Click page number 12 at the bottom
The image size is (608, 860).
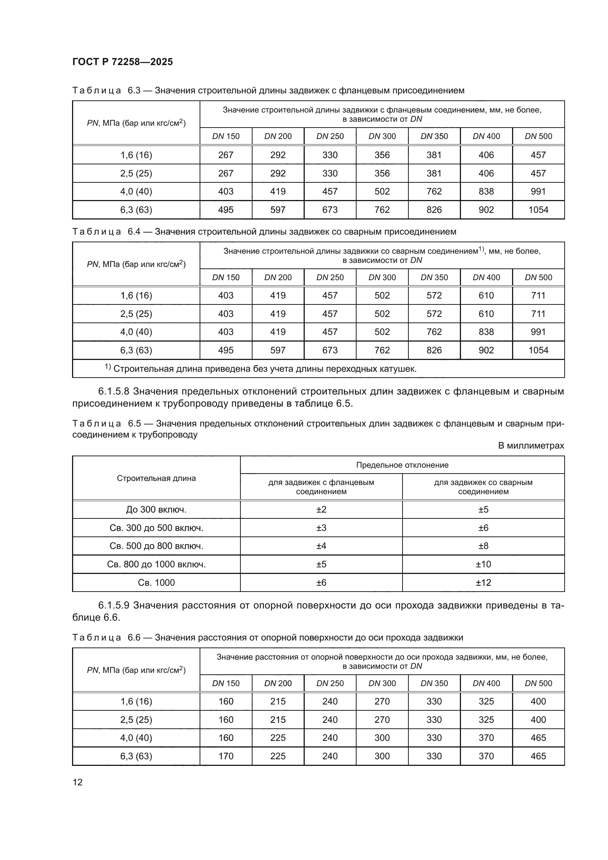(x=78, y=782)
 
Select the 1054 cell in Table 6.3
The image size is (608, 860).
(x=538, y=210)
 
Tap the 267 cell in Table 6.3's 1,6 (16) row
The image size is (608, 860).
(x=226, y=155)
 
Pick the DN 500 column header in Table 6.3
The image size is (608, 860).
(x=538, y=136)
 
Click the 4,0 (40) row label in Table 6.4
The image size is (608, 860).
(x=136, y=332)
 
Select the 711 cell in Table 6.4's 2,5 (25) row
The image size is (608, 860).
(x=538, y=314)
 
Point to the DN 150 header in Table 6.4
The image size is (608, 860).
(x=226, y=278)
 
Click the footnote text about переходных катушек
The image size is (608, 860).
(x=264, y=369)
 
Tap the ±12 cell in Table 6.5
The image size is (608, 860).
(x=483, y=582)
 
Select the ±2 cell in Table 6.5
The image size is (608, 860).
(x=321, y=509)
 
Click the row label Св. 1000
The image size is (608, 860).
(x=156, y=582)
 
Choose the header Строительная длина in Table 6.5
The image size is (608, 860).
(x=156, y=478)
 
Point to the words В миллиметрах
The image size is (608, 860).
(x=530, y=446)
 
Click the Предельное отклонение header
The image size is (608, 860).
(x=402, y=465)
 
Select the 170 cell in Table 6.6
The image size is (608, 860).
(x=226, y=756)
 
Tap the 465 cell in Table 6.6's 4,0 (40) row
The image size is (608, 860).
(x=538, y=738)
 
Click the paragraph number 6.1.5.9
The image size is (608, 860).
(x=114, y=605)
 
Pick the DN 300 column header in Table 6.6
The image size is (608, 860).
(x=382, y=683)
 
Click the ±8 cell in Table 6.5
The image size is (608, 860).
(x=483, y=546)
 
